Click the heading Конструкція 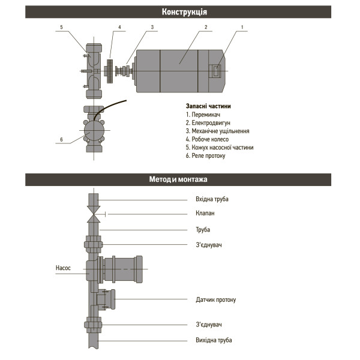point(180,12)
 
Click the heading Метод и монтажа point(180,179)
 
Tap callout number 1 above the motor point(242,27)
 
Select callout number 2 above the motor point(205,27)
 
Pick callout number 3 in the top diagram point(152,27)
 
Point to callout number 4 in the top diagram point(119,27)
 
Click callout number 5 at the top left point(61,27)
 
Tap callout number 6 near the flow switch point(61,140)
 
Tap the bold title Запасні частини point(208,106)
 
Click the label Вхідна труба point(212,199)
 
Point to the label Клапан point(205,213)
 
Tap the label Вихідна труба point(214,340)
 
